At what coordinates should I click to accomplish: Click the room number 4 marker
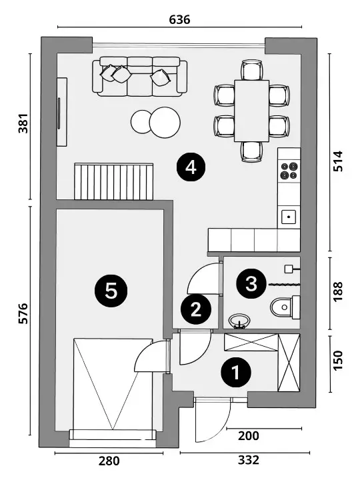[191, 167]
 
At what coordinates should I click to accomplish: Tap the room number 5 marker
[111, 291]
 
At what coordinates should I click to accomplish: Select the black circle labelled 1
[236, 373]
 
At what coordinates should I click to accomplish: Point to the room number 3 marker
[251, 283]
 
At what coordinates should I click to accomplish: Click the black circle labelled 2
[196, 309]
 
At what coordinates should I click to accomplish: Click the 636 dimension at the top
[180, 19]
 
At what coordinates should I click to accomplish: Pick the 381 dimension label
[23, 123]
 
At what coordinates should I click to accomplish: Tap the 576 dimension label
[23, 313]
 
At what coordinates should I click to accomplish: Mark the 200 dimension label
[249, 435]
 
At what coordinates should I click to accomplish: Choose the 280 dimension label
[109, 461]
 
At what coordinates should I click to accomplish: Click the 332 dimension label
[249, 460]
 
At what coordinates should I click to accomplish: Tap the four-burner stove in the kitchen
[289, 171]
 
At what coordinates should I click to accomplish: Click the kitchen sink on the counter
[289, 217]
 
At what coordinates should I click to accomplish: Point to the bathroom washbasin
[239, 321]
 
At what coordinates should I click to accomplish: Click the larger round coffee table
[165, 123]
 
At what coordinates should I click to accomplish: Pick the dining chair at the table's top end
[251, 70]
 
